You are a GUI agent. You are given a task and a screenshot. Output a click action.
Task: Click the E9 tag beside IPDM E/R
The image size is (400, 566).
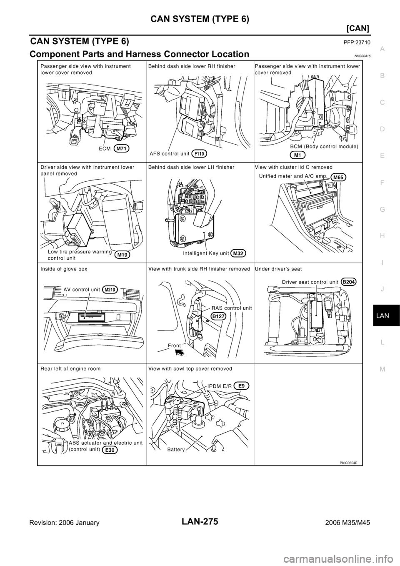242,386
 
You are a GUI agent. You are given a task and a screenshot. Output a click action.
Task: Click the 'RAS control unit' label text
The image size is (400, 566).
228,308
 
